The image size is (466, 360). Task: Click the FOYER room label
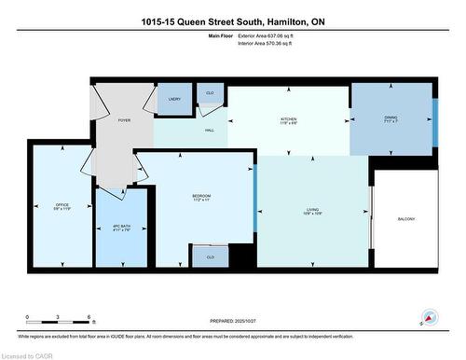coord(124,121)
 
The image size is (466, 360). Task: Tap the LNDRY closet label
coord(174,99)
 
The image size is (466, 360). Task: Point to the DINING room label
coord(391,118)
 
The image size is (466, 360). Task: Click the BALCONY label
coord(405,219)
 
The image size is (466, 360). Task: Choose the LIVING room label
coord(312,211)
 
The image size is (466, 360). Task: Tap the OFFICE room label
coord(62,205)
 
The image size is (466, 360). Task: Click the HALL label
coord(209,131)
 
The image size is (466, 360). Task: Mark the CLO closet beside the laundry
coord(210,93)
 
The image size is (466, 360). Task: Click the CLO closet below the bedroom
coord(210,256)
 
